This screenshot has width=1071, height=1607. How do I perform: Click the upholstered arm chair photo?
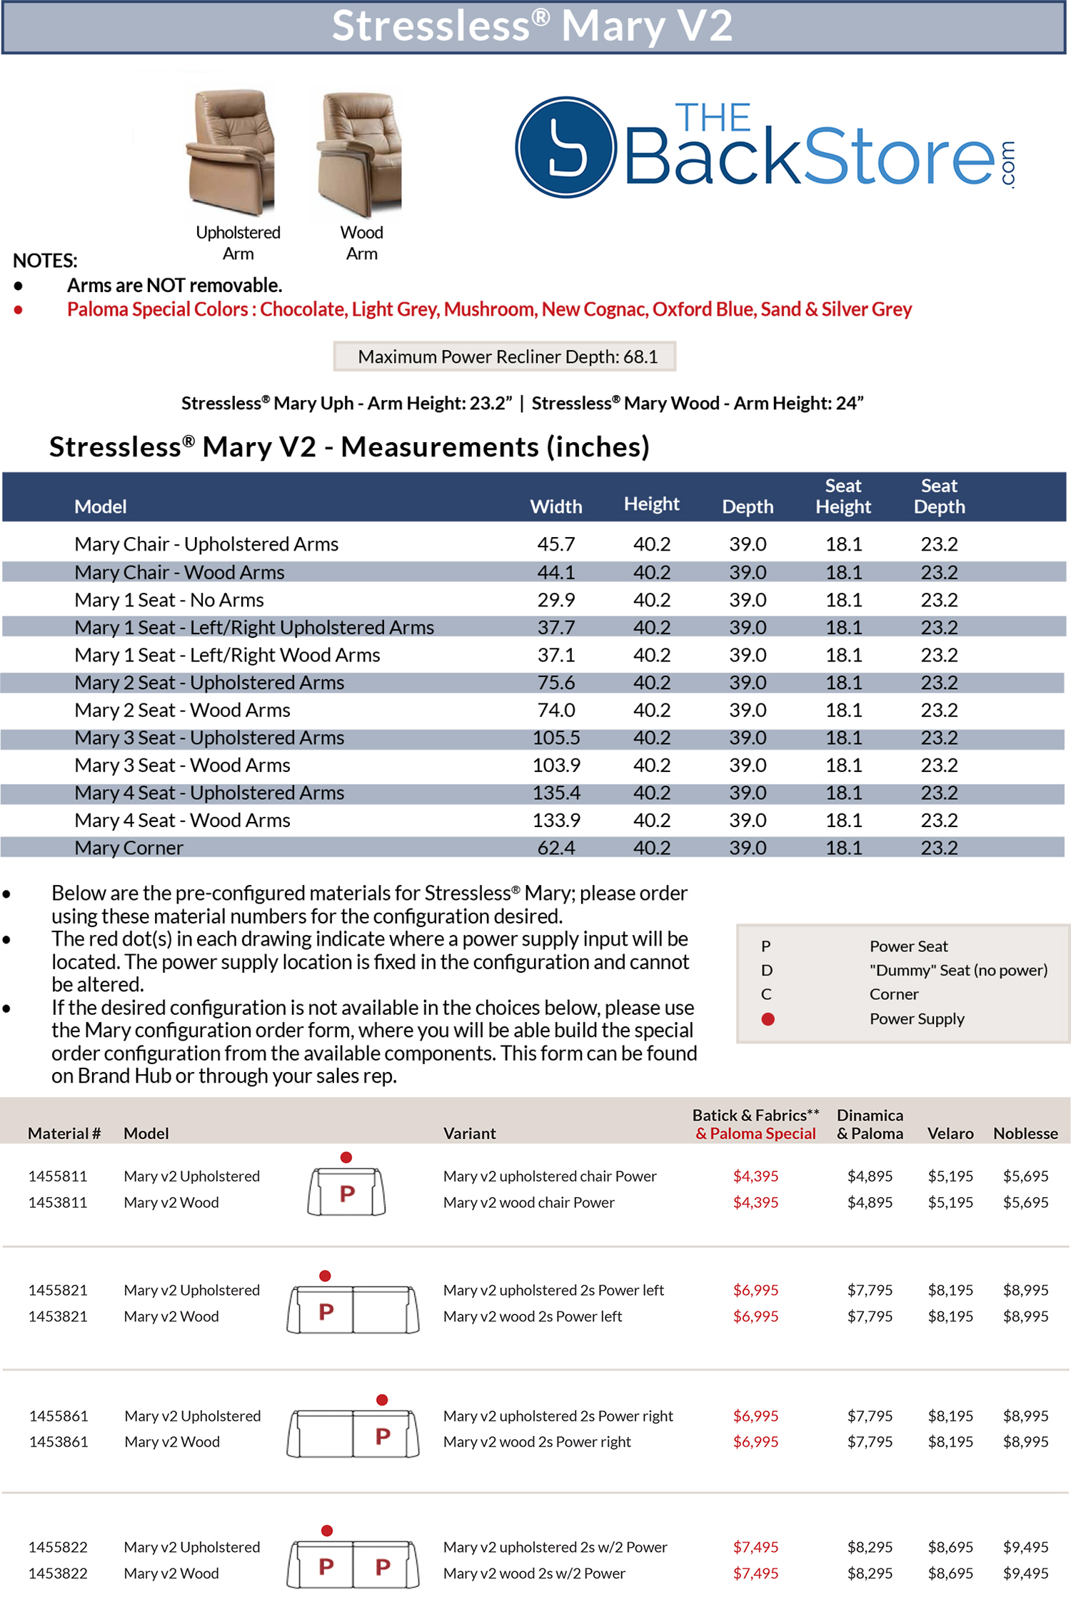click(230, 151)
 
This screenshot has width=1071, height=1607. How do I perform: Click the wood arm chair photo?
click(360, 154)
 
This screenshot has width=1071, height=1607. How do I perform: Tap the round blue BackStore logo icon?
click(565, 147)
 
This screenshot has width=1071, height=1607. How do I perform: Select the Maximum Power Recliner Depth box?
click(504, 356)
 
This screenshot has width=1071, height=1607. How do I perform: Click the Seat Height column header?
click(843, 496)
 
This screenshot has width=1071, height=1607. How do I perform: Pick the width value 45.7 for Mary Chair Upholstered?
click(555, 544)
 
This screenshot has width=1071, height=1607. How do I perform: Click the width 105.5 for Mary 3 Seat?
click(555, 738)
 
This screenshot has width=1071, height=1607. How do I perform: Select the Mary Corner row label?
click(129, 848)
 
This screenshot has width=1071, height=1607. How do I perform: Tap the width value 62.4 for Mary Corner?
click(555, 848)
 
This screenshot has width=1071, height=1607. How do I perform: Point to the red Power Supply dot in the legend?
click(768, 1019)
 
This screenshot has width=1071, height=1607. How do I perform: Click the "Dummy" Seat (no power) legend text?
click(958, 970)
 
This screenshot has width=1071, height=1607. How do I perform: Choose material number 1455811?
click(58, 1176)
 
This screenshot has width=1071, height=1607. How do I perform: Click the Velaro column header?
click(950, 1133)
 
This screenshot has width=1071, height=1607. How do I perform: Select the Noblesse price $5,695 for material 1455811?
click(1025, 1176)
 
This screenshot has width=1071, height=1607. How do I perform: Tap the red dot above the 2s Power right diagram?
click(382, 1400)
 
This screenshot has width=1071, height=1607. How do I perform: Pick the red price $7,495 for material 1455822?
click(755, 1547)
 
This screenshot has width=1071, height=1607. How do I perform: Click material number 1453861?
click(59, 1442)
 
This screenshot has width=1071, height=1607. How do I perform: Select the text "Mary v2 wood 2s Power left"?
click(532, 1316)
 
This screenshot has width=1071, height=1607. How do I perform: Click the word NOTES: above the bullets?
click(45, 261)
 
